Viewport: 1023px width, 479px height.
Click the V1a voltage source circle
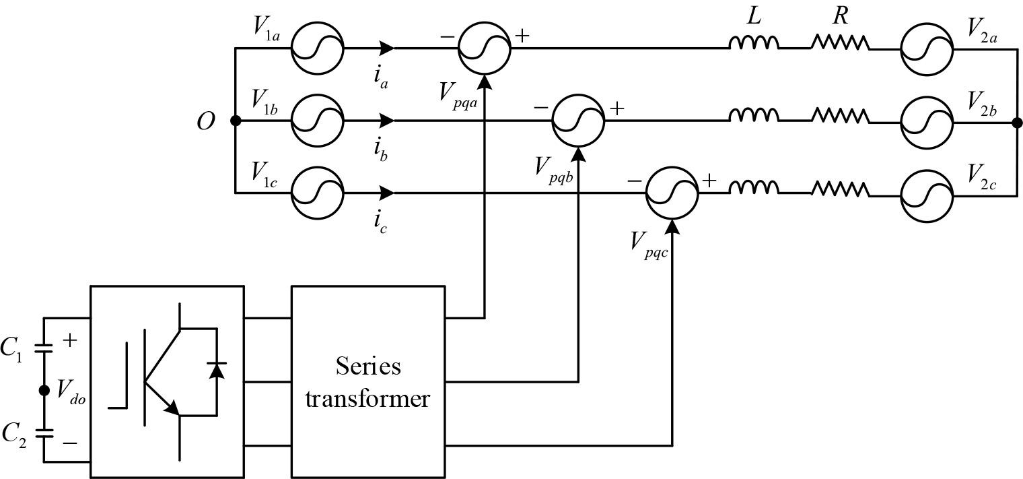coord(317,49)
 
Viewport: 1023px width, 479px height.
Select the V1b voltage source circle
coord(317,121)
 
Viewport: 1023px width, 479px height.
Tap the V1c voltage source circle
coord(317,193)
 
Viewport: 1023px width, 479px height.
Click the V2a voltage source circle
coord(927,49)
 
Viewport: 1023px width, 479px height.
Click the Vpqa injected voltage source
coord(484,49)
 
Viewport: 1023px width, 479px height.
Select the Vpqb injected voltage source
coord(578,121)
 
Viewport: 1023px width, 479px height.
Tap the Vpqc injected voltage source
coord(672,193)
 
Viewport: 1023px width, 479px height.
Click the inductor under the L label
coord(754,44)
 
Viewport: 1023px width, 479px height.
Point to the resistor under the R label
coord(839,44)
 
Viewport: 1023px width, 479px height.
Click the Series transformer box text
coord(367,382)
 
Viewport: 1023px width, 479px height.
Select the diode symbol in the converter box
coord(216,371)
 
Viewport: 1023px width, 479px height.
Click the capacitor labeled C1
coord(44,348)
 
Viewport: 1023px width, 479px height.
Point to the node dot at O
coord(236,121)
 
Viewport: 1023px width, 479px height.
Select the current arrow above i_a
coord(386,49)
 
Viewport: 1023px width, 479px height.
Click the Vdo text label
coord(71,391)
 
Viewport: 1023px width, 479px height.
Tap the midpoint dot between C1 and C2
coord(44,391)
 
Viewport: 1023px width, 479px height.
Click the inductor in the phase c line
coord(754,189)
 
